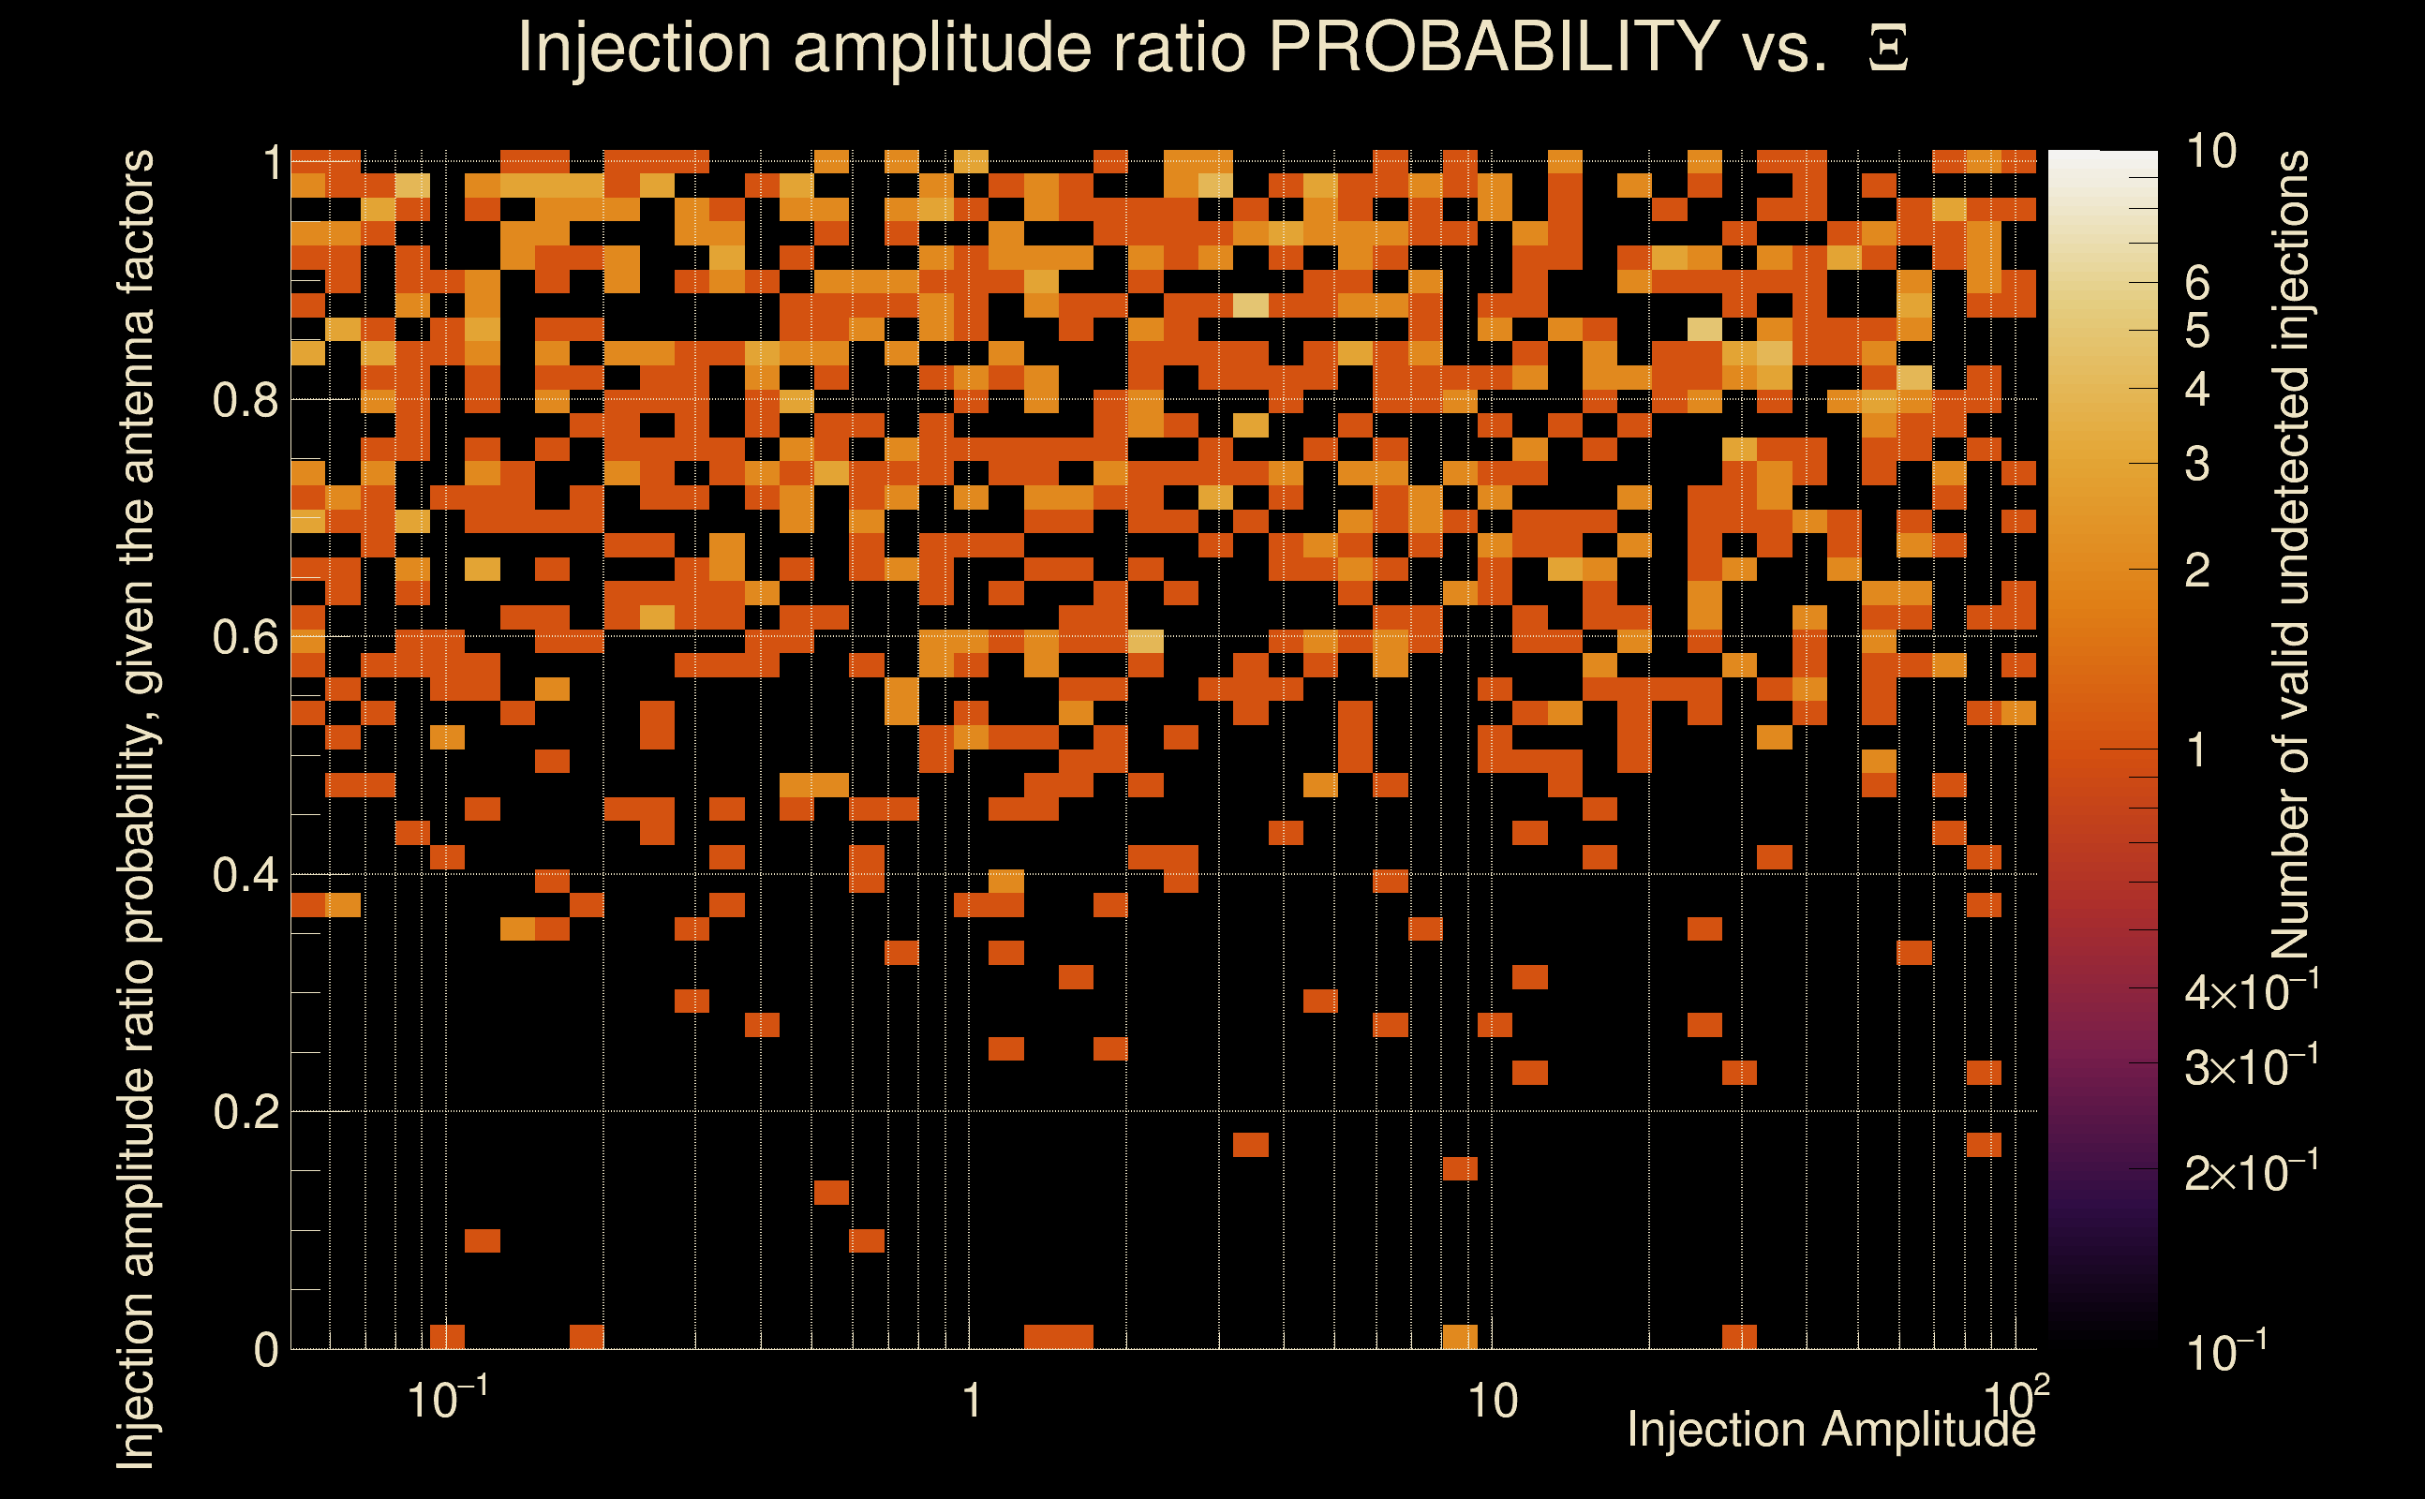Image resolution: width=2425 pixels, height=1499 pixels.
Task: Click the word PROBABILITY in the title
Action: [1494, 47]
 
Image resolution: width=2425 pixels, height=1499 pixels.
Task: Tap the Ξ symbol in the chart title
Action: [1888, 49]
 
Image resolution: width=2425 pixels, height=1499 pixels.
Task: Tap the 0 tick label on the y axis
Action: [266, 1350]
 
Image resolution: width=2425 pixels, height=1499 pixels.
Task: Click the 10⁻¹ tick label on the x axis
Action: [447, 1399]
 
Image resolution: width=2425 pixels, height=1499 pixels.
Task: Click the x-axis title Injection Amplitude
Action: [1831, 1431]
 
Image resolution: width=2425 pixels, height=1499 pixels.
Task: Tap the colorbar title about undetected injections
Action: [2290, 556]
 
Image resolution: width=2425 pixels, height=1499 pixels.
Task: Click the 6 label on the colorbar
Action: [2197, 285]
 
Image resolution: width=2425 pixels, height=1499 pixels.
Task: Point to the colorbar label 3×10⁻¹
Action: [2252, 1067]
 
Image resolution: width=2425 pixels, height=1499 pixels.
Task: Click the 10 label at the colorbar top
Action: [2210, 152]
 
